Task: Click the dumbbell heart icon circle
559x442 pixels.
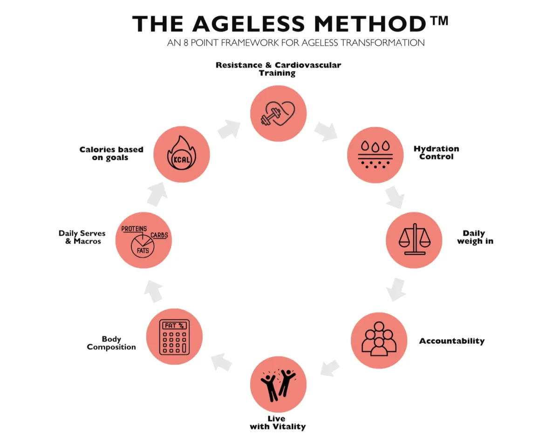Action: coord(278,113)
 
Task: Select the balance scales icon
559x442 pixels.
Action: coord(414,240)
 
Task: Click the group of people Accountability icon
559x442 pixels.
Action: coord(379,340)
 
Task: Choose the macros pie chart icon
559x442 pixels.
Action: coord(143,240)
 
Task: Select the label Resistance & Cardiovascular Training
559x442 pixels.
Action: coord(278,69)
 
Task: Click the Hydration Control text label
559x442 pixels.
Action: coord(436,153)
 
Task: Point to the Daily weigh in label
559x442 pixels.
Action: coord(475,237)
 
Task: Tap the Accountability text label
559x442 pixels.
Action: coord(451,341)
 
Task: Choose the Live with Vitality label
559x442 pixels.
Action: coord(278,422)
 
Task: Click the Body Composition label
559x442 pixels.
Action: coord(111,343)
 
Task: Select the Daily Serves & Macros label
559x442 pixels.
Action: coord(82,237)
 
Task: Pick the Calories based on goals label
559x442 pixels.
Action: coord(111,153)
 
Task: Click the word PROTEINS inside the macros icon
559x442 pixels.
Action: coord(134,229)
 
